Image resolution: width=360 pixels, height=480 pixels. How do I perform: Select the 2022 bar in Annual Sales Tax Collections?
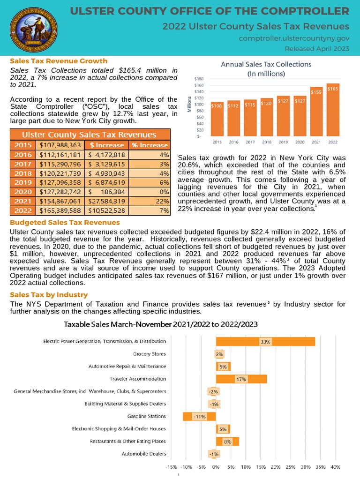(x=332, y=110)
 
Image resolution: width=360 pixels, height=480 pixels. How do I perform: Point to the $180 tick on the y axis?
(x=199, y=79)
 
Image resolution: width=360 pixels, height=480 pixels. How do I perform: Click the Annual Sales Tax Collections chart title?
(x=266, y=68)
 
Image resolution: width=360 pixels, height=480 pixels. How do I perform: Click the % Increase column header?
(x=150, y=145)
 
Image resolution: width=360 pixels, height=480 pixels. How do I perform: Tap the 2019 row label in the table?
(x=23, y=182)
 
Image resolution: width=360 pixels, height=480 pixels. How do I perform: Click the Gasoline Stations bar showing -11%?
(x=199, y=416)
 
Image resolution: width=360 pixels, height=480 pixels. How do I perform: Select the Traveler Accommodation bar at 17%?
(x=241, y=379)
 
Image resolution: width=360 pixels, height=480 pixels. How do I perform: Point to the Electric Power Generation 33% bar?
(x=265, y=342)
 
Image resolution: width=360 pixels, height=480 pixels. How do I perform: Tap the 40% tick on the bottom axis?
(x=336, y=467)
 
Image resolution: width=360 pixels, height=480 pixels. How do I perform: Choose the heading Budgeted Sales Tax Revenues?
(x=65, y=222)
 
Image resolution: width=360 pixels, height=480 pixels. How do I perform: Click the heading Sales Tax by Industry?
(x=49, y=294)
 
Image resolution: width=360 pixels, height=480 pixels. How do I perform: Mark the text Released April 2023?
(x=317, y=49)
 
